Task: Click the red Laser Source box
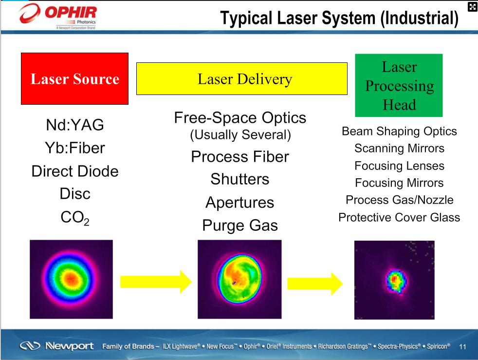point(74,79)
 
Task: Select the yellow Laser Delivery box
point(242,79)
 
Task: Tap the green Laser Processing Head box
point(399,85)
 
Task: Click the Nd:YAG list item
point(75,125)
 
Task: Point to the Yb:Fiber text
point(75,148)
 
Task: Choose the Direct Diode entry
point(75,171)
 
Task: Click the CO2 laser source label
point(75,218)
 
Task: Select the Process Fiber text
point(240,157)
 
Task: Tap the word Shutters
point(240,179)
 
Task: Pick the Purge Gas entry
point(240,226)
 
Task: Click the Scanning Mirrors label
point(399,148)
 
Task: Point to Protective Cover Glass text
point(399,218)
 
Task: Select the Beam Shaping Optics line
point(399,131)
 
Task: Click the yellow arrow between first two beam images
point(156,282)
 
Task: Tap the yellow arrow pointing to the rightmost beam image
point(315,284)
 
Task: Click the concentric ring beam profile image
point(72,279)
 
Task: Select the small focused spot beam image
point(394,280)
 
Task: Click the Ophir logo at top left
point(58,16)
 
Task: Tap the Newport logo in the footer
point(56,346)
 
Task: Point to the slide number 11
point(462,346)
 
